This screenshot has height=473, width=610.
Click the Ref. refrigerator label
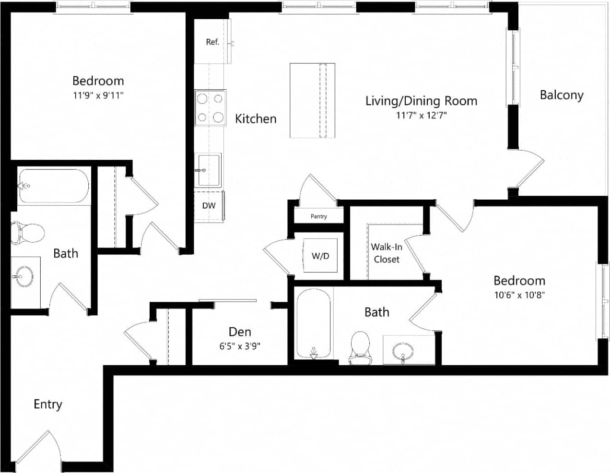[x=212, y=42]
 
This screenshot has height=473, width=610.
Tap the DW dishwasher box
[x=209, y=206]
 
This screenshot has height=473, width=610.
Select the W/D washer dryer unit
[x=320, y=256]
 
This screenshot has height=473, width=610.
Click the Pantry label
[x=319, y=216]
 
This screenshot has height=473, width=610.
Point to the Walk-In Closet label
[x=387, y=253]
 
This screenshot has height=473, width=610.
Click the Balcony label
[x=562, y=95]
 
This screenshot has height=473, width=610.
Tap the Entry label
[x=48, y=404]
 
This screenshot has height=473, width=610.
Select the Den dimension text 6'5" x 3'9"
[x=240, y=346]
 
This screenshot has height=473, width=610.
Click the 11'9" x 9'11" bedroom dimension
[x=98, y=95]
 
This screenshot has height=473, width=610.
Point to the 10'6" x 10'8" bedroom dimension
[x=519, y=295]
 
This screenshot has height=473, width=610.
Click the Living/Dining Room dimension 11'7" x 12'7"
[x=422, y=115]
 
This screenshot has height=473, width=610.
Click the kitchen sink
[x=209, y=170]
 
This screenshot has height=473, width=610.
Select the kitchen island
[x=312, y=101]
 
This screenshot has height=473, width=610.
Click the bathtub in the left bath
[x=53, y=186]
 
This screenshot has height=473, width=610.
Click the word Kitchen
[x=256, y=119]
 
